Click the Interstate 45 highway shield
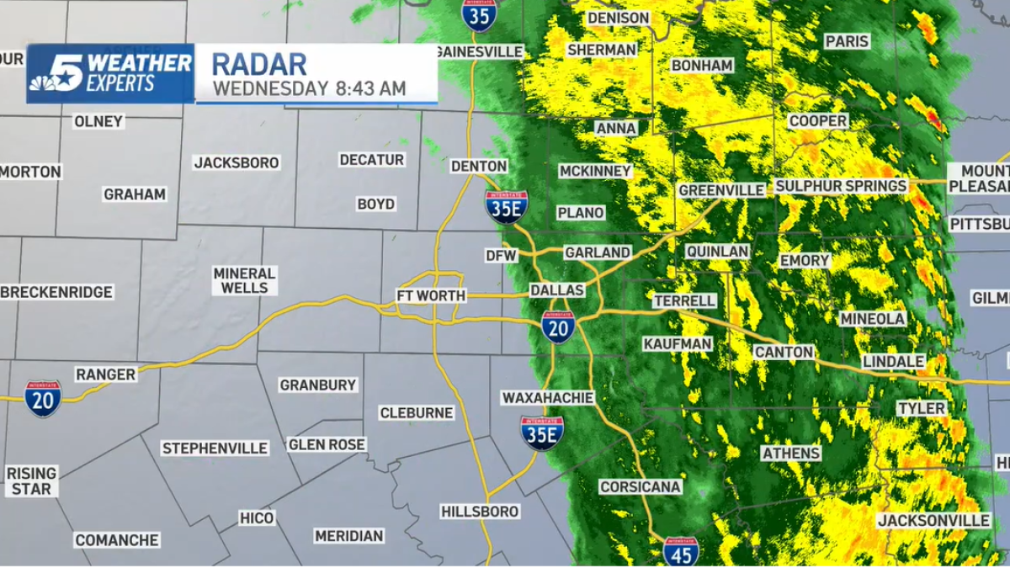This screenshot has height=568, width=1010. point(680,551)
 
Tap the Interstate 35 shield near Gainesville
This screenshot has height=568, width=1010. point(479,14)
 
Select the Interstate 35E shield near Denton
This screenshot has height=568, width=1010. point(506,206)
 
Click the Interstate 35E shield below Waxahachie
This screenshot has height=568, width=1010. point(542,433)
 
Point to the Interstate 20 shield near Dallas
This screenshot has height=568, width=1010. point(558,326)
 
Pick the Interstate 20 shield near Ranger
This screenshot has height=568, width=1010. point(42,398)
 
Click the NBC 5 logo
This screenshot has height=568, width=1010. point(59,73)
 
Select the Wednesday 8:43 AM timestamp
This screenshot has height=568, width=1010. point(309,88)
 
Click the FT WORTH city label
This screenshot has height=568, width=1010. point(431,296)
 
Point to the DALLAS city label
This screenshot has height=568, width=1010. point(557,290)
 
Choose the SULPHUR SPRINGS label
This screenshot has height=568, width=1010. point(841,186)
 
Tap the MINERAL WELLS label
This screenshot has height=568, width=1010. point(244,280)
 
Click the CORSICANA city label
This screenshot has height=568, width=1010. point(641,487)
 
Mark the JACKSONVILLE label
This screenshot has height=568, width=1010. point(933,521)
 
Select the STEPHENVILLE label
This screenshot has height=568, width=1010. point(215,449)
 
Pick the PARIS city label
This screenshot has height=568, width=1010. point(847,41)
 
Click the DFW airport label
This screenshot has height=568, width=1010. point(501,255)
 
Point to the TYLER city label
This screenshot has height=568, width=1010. point(921,408)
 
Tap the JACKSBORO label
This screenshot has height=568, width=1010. point(237,162)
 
